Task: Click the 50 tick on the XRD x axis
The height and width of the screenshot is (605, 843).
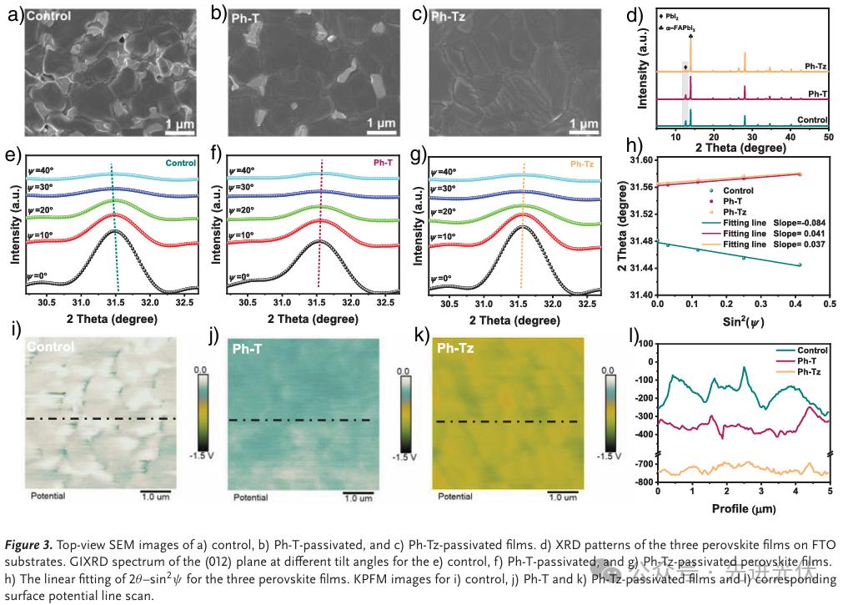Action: click(828, 135)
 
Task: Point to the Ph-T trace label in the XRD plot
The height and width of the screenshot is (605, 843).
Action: click(817, 94)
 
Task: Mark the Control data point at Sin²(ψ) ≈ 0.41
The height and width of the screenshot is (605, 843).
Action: click(799, 265)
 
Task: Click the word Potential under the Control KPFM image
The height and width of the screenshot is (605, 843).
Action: click(48, 496)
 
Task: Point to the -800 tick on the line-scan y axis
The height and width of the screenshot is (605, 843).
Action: click(642, 482)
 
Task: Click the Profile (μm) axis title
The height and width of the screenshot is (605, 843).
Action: click(739, 507)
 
